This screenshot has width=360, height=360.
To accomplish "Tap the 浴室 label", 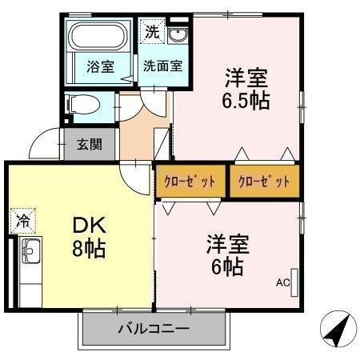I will (100, 68).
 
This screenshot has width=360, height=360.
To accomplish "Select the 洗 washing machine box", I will (151, 34).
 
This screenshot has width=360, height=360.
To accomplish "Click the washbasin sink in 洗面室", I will (177, 36).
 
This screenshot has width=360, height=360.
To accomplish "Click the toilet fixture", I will (80, 104).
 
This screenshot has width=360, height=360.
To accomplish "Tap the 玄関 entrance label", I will (89, 145).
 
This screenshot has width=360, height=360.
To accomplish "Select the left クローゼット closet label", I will (190, 182).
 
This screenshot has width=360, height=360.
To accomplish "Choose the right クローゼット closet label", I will (264, 182).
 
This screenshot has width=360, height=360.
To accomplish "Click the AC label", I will (282, 282).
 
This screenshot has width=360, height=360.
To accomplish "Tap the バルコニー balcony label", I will (153, 328).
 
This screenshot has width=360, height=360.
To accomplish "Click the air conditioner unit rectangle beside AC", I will (295, 281).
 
